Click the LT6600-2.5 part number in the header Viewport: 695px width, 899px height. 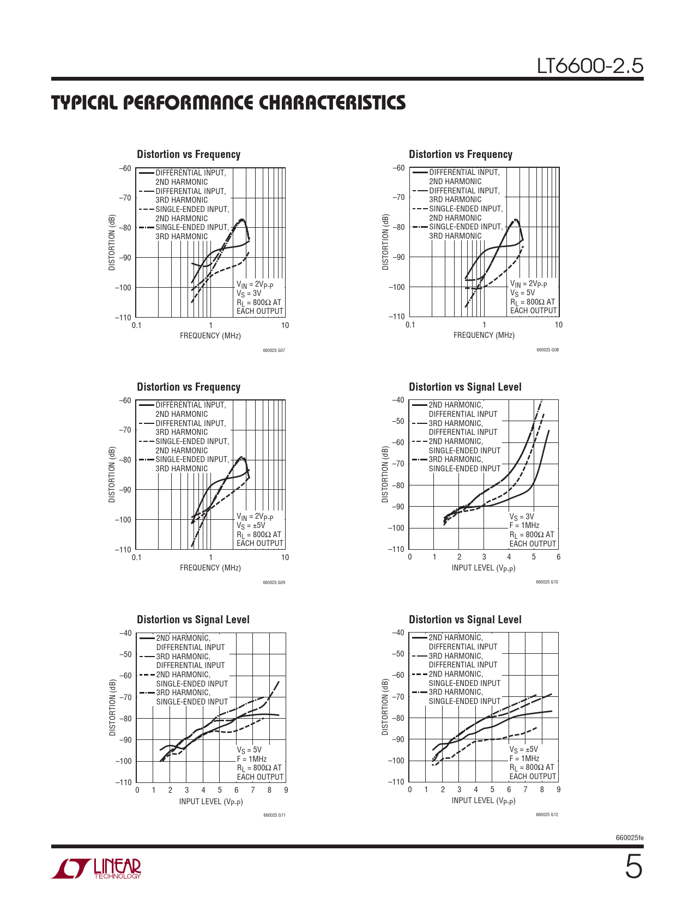590,66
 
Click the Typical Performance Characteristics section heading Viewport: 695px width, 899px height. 228,102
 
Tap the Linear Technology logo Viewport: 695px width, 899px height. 96,868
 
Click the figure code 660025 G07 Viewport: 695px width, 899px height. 274,350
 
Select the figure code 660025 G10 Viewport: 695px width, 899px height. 547,582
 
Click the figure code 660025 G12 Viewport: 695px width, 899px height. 547,815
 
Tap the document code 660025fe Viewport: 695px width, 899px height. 630,838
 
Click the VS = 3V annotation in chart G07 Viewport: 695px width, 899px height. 249,294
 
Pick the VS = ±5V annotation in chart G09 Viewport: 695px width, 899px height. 251,526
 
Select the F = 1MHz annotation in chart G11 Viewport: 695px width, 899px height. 252,759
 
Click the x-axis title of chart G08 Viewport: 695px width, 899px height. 484,336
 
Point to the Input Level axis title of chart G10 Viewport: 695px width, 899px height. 483,568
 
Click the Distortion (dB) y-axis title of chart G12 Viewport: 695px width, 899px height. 385,707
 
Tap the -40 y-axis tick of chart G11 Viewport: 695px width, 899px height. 125,633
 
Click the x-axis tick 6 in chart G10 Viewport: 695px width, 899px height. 558,557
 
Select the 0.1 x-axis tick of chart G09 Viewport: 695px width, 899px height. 136,557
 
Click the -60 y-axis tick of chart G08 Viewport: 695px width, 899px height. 398,168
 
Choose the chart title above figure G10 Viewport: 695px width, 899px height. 465,387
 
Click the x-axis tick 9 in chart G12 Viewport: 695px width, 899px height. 558,790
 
